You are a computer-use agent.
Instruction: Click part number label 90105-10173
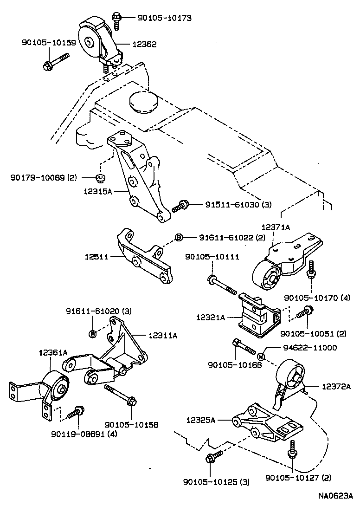[x=165, y=18]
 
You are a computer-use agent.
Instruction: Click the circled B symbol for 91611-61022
[x=179, y=238]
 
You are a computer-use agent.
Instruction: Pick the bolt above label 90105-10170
[x=310, y=271]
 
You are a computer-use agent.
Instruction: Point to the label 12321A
[x=210, y=318]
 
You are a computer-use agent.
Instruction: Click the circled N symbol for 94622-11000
[x=261, y=357]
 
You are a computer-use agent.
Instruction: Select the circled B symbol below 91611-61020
[x=92, y=333]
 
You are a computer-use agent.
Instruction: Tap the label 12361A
[x=53, y=353]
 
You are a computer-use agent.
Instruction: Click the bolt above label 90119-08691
[x=75, y=412]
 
